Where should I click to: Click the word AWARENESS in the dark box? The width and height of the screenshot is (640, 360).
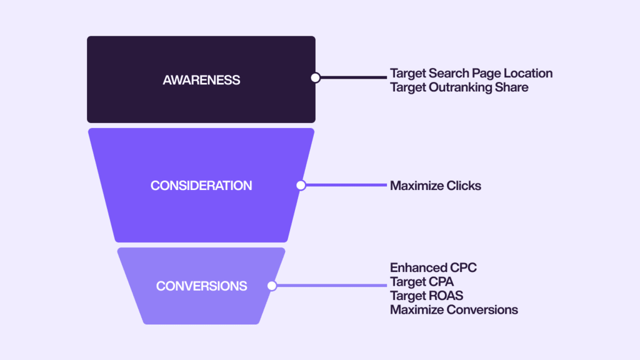pos(201,80)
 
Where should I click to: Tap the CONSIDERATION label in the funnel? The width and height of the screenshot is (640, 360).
pos(201,186)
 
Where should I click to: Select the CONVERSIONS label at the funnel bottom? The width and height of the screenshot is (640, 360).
pos(202,286)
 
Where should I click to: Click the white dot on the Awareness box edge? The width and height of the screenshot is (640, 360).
pos(315,77)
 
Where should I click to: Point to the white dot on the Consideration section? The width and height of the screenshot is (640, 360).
pos(301,185)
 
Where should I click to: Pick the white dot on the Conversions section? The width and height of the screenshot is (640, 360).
pos(272,286)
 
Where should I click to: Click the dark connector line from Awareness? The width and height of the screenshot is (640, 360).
pos(354,77)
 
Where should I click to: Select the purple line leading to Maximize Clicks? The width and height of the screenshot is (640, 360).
pos(346,185)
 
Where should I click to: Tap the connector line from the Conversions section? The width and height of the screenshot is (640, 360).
pos(332,286)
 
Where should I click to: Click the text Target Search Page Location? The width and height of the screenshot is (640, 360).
pos(471,74)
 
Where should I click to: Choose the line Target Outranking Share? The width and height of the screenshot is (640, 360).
pos(459,87)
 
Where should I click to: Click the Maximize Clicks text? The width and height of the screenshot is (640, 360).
pos(436,186)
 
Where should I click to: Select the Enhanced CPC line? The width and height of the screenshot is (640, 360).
pos(434,267)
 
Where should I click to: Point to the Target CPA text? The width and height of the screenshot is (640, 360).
pos(422,282)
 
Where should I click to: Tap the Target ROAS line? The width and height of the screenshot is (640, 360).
pos(426,296)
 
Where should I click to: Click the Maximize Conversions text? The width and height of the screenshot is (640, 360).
pos(454,310)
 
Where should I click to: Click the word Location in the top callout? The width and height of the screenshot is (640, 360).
pos(528,74)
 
